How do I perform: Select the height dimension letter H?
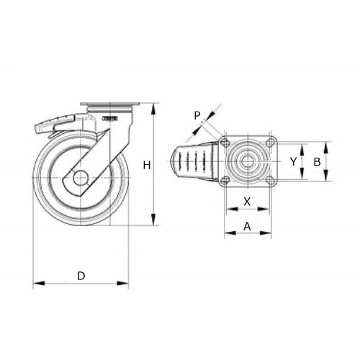pos(145,166)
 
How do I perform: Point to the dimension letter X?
pos(247,202)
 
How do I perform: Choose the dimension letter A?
pos(247,225)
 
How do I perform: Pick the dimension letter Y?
pos(293,162)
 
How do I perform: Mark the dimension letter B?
pos(316,162)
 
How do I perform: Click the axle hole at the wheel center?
pos(80,177)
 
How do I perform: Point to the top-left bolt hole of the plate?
pos(225,143)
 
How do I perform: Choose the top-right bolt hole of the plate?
pos(269,143)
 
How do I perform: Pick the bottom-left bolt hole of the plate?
pos(225,180)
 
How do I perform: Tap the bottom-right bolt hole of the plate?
pos(269,180)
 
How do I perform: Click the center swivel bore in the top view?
pos(248,161)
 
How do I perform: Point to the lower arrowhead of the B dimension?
pos(326,178)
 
